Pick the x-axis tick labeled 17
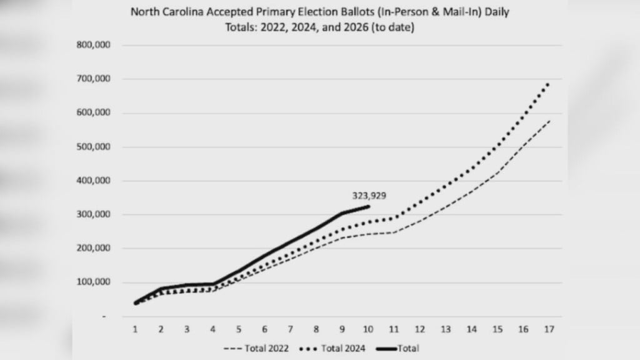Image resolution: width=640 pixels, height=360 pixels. [x=549, y=329]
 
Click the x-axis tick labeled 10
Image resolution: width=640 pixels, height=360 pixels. [x=368, y=329]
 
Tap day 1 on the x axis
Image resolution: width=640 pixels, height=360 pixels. [x=136, y=329]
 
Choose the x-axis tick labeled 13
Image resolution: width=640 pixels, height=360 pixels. [x=446, y=329]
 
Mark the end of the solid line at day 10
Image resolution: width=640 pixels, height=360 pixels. [x=369, y=206]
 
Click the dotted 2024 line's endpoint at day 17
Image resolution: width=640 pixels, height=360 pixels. [x=549, y=83]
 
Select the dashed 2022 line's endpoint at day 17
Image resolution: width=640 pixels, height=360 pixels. [x=549, y=121]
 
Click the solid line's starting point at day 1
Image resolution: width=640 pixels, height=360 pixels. [x=136, y=303]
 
